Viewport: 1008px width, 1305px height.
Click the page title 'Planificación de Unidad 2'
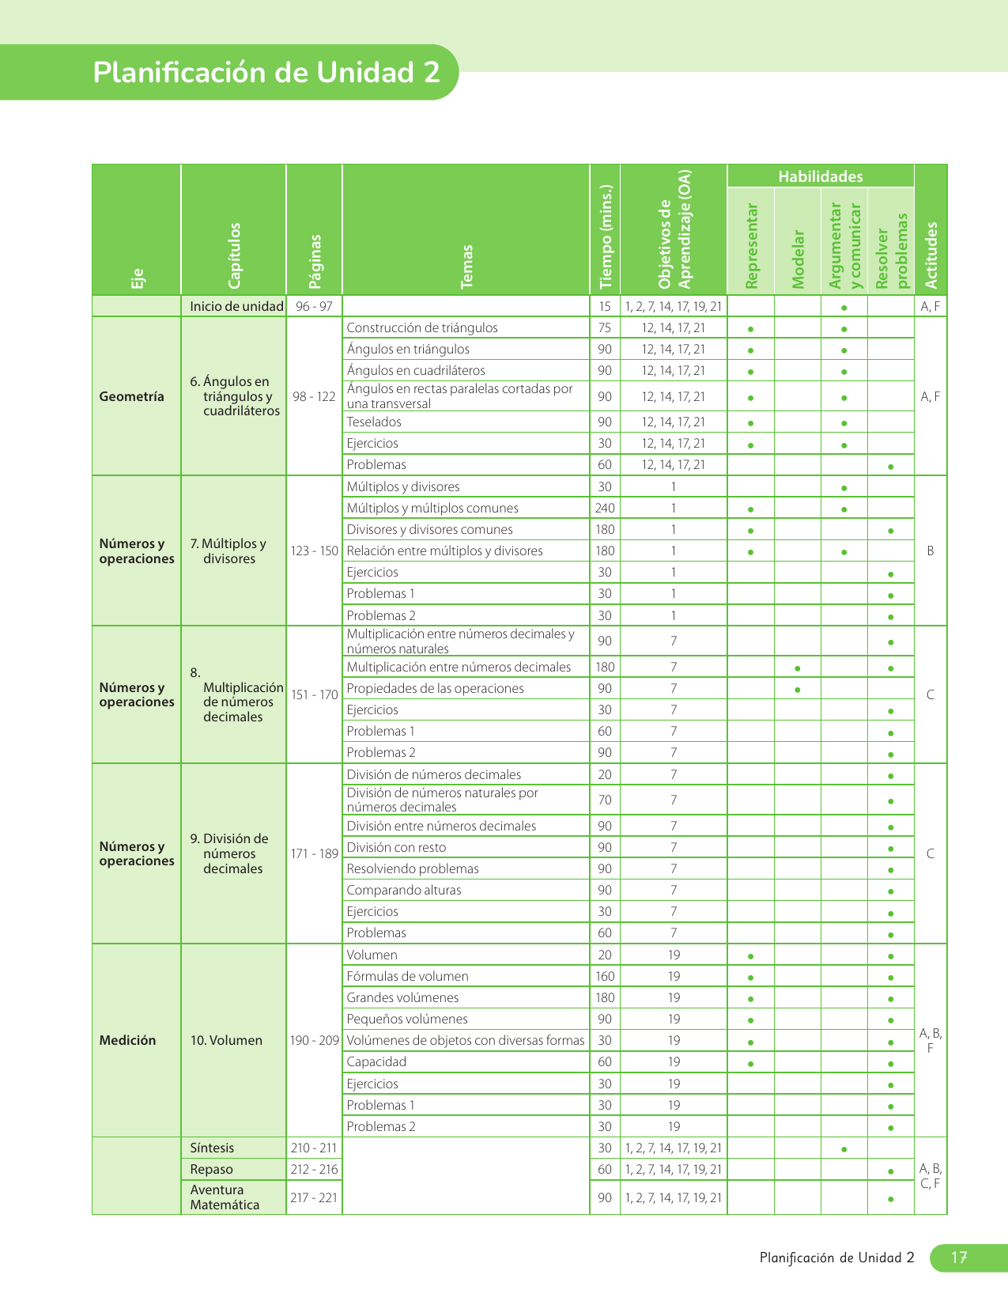[266, 72]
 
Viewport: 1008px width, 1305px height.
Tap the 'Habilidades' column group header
[820, 176]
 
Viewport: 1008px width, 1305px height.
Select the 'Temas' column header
[466, 266]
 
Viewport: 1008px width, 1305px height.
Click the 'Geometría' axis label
[132, 396]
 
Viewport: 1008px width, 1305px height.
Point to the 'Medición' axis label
[127, 1040]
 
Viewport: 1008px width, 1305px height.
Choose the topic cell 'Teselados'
[374, 422]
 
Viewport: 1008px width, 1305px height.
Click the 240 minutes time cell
[605, 509]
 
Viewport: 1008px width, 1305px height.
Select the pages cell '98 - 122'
[314, 396]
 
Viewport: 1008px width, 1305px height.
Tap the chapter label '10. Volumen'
[226, 1040]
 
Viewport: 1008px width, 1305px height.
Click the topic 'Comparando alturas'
[404, 890]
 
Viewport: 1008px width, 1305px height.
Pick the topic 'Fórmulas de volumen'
[407, 976]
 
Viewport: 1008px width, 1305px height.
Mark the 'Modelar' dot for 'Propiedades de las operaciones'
[797, 690]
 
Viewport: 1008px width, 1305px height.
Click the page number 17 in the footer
[959, 1258]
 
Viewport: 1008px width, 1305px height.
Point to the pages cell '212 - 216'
[314, 1169]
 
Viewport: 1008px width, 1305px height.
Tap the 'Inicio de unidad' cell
[236, 306]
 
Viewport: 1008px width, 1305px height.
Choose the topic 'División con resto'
[396, 847]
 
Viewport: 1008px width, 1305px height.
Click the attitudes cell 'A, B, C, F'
[931, 1176]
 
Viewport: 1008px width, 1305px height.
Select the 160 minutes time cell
[605, 976]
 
